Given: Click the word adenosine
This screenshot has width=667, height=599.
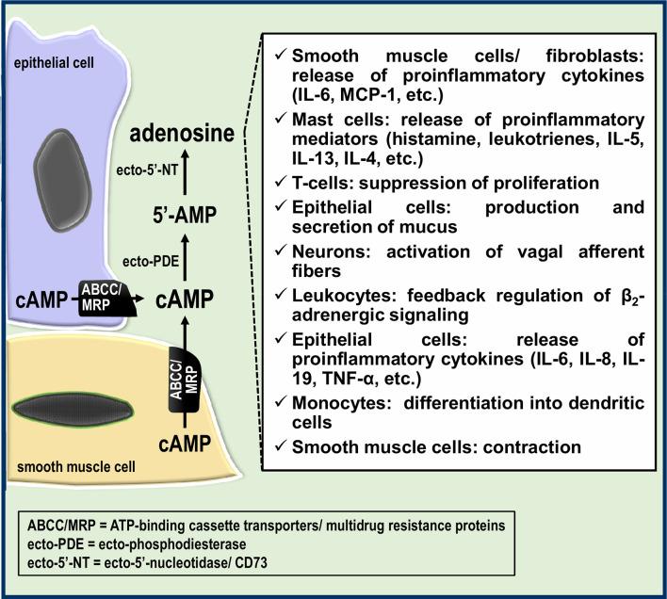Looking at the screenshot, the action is (x=182, y=134).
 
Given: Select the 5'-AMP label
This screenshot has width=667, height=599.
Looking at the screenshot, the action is (x=185, y=215).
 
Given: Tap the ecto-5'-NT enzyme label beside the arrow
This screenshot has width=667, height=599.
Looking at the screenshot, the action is (x=147, y=170).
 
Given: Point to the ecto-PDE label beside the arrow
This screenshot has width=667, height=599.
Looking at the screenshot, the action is (x=151, y=261).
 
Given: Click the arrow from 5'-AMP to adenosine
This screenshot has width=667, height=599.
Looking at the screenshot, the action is (x=185, y=172).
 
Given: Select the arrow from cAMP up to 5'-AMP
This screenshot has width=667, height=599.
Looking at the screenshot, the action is (x=185, y=256).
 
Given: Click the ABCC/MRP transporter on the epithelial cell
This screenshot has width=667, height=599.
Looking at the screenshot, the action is (x=107, y=299).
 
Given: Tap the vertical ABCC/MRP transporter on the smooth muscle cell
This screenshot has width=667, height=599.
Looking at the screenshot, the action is (x=185, y=380).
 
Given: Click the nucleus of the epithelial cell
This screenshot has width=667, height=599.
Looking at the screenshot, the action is (x=62, y=180).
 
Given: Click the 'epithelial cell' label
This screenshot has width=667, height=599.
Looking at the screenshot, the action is (x=54, y=63).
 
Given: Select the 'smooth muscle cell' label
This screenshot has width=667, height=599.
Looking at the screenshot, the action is (x=76, y=467).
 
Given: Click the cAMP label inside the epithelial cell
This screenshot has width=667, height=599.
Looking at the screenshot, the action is (x=41, y=299).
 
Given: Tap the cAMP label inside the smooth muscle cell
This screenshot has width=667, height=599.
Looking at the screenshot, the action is (x=185, y=445).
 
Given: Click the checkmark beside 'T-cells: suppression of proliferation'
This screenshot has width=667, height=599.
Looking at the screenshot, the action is (x=281, y=182).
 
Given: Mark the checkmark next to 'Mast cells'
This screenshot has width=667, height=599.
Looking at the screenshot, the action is (x=281, y=119).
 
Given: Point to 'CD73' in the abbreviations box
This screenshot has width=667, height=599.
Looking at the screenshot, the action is (x=251, y=563).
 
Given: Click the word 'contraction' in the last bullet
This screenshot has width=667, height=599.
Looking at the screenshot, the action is (x=532, y=446).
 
